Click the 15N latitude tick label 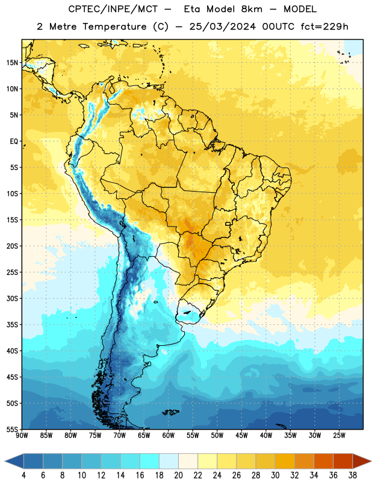(12, 63)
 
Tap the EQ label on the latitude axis (14, 142)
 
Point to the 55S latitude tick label (12, 429)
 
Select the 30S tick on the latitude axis (12, 298)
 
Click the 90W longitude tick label (22, 436)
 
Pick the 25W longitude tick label (339, 436)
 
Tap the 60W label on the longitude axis (169, 436)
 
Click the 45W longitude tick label (242, 436)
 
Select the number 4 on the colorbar (23, 475)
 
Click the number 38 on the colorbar (353, 475)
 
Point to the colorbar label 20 (178, 475)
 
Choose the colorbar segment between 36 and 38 (343, 462)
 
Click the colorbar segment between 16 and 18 (150, 462)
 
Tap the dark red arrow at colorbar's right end (362, 462)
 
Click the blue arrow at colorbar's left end (14, 462)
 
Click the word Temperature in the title (114, 27)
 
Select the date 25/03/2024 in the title (222, 27)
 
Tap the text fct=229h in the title (324, 27)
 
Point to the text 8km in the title (252, 9)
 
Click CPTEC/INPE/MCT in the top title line (113, 9)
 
